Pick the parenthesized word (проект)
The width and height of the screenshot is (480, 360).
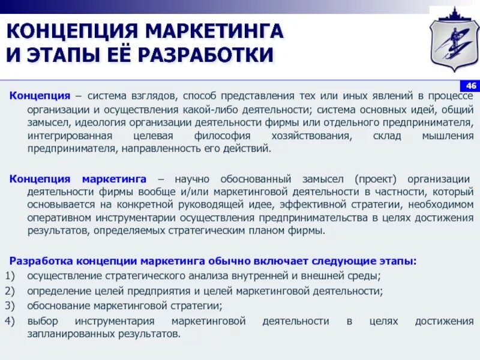point(374,179)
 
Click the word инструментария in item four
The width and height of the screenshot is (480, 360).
point(112,321)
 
